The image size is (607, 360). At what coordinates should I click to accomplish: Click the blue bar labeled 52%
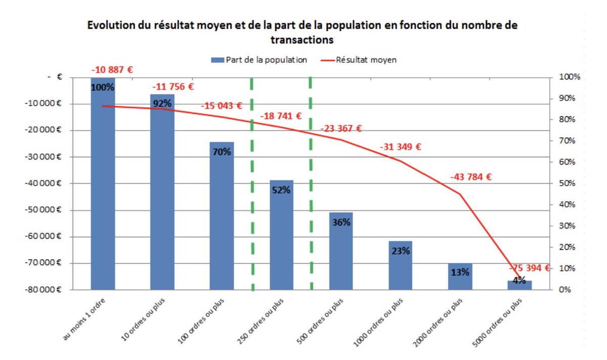(281, 235)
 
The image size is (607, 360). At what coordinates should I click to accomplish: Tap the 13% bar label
(460, 272)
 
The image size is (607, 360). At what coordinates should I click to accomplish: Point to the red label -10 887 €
(112, 70)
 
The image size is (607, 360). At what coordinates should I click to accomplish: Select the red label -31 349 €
(400, 147)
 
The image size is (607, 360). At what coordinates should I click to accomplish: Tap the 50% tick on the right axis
(569, 184)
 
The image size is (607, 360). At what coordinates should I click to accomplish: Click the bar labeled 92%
(162, 192)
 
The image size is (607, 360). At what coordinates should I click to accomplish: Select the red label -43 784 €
(471, 177)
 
